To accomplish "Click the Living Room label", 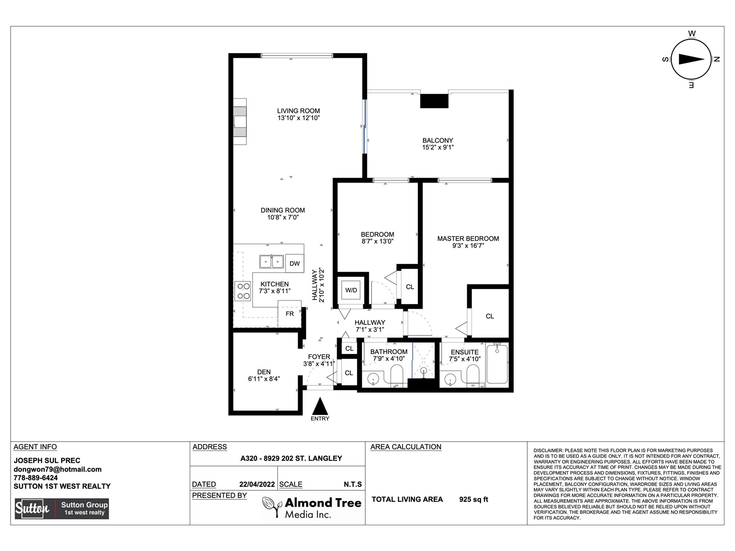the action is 298,111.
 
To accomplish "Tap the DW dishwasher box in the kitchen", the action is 294,264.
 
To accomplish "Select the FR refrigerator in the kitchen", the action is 290,314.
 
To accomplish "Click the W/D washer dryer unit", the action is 351,290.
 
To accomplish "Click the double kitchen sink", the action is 271,261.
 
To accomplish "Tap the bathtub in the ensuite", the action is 497,364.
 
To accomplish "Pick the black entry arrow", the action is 320,406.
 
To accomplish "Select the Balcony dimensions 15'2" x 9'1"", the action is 438,147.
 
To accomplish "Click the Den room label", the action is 264,372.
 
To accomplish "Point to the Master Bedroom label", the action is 468,238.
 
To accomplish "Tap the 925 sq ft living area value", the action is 474,500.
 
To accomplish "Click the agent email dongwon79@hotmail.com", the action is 57,469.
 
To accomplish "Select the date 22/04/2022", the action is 257,484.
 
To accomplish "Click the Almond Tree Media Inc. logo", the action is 312,507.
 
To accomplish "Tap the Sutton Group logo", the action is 62,508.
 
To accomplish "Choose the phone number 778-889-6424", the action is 35,478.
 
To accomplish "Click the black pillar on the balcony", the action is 434,101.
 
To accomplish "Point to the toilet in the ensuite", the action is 473,374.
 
